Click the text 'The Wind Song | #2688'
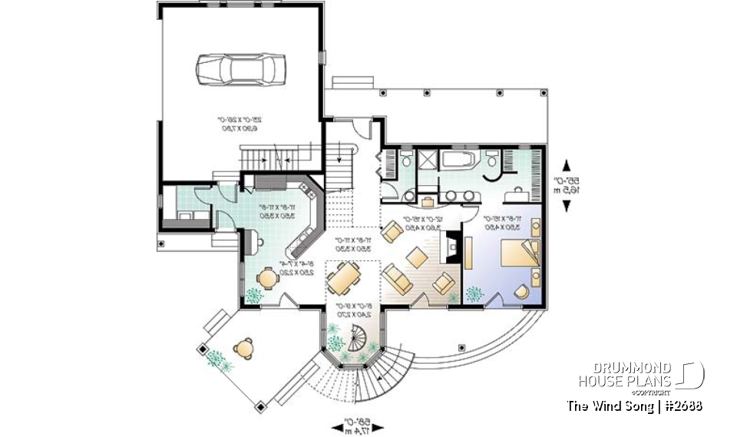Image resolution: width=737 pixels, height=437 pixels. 634,406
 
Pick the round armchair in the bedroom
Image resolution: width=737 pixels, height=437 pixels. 522,290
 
